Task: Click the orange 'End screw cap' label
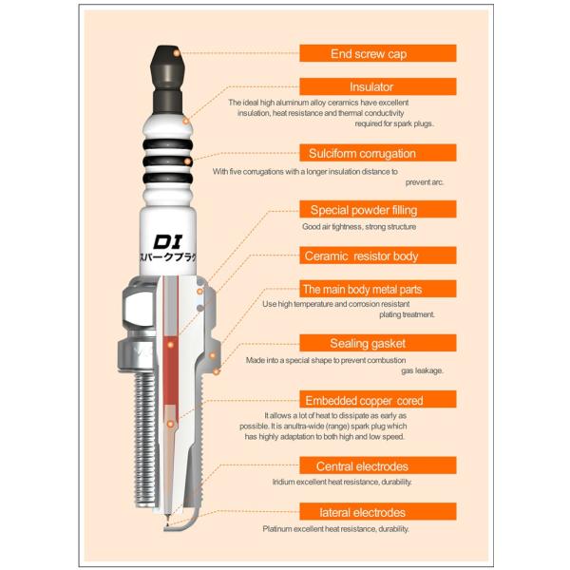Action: tap(378, 53)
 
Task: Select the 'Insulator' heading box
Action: tap(378, 86)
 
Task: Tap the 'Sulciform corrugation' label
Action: tap(378, 153)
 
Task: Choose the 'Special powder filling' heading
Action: tap(378, 209)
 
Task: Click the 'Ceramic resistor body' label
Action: tap(378, 256)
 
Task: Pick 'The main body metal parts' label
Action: tap(378, 289)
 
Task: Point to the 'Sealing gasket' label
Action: tap(378, 343)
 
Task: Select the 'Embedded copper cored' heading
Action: tap(378, 400)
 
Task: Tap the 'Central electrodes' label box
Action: tap(378, 465)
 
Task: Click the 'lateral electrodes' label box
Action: tap(378, 511)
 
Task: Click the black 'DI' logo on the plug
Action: tap(167, 241)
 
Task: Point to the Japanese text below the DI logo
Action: tap(168, 257)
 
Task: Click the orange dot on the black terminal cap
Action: tap(177, 53)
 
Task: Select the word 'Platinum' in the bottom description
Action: tap(277, 529)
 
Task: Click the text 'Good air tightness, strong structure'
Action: tap(359, 226)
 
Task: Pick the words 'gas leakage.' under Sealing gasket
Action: tap(423, 370)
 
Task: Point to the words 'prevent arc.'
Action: tap(425, 182)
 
